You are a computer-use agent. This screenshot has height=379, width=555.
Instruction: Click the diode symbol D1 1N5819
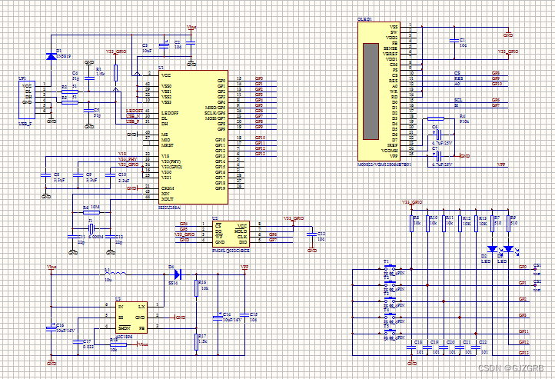(52, 55)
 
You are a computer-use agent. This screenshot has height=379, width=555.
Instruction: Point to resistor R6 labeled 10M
(93, 212)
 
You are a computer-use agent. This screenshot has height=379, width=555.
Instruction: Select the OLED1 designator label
(365, 19)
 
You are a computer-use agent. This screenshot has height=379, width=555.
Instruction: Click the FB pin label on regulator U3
(141, 327)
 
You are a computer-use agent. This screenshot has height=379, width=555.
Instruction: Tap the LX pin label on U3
(141, 307)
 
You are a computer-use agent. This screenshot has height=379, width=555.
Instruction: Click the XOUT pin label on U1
(167, 198)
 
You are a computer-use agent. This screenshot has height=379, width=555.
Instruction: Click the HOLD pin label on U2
(241, 230)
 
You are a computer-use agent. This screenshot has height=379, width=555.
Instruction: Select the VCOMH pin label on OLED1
(392, 151)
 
